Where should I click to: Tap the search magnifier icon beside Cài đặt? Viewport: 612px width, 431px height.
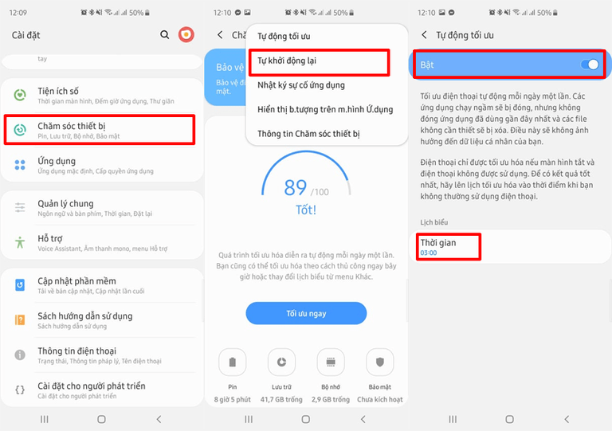[x=165, y=35]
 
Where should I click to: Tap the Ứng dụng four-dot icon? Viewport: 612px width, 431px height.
[x=20, y=165]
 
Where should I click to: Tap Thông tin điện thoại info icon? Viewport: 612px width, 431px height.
[x=20, y=355]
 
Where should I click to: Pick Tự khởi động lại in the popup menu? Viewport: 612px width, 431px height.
[x=287, y=61]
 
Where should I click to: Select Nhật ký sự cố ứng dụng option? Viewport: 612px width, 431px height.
[x=301, y=85]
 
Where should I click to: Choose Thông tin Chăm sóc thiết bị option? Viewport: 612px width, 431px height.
[x=308, y=134]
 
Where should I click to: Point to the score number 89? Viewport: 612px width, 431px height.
[x=296, y=187]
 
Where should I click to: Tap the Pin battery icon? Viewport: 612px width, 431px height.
[x=232, y=362]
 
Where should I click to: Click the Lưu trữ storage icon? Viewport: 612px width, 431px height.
[x=281, y=362]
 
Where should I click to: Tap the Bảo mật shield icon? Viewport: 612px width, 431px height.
[x=380, y=362]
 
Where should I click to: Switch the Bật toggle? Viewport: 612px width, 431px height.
[x=590, y=65]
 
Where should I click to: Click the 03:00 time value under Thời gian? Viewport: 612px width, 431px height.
[x=429, y=253]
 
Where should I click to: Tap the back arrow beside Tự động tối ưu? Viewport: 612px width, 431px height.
[x=424, y=35]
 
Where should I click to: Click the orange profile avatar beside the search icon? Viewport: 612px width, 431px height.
[x=186, y=35]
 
